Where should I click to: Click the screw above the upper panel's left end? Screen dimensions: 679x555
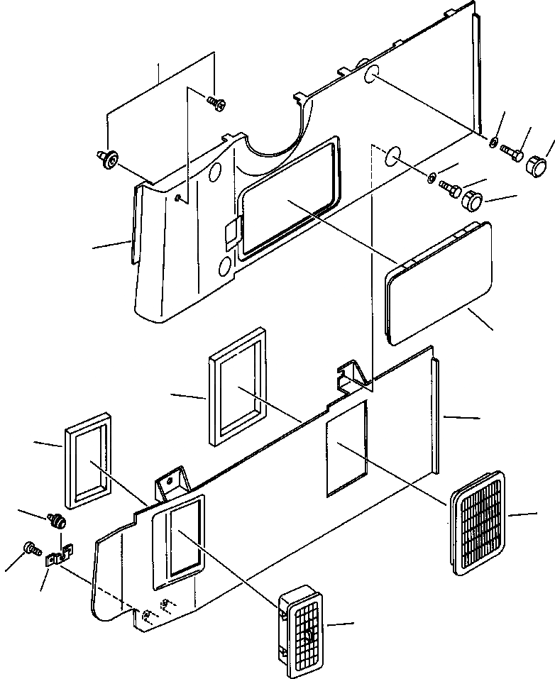tap(216, 104)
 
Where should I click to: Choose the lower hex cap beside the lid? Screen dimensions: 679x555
tap(472, 199)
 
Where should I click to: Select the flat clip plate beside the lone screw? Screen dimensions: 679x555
tap(57, 557)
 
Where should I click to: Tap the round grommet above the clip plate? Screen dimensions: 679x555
tap(58, 521)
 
